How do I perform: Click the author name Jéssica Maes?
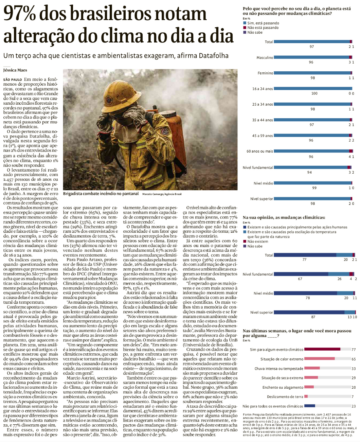coord(15,70)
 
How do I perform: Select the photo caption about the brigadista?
coord(101,194)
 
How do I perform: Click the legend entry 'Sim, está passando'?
coord(263,23)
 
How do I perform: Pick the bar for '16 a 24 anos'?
coord(313,88)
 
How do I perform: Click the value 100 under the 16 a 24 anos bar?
coord(314,93)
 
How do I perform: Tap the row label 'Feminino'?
coord(265,73)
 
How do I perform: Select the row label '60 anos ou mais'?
coord(259,151)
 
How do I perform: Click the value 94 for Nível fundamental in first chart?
coord(309,172)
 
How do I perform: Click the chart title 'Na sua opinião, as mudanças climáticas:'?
coord(284,217)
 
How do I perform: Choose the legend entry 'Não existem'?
coord(258,242)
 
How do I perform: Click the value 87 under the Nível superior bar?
coord(313,317)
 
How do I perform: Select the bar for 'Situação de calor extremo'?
coord(319,359)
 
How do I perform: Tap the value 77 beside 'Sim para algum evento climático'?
coord(354,349)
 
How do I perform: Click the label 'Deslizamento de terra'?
coord(285,396)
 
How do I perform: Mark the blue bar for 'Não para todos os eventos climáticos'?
coord(309,406)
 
